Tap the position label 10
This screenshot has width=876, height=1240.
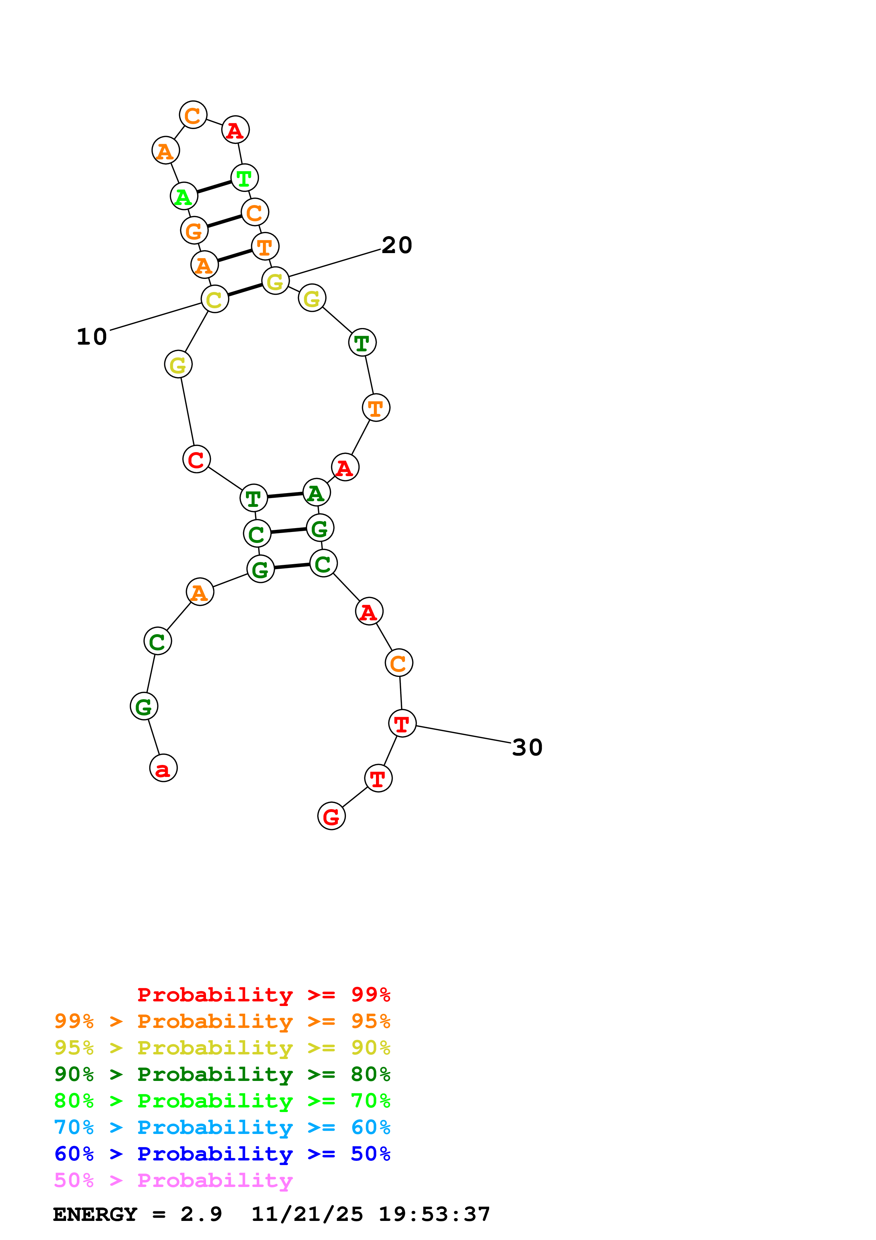(92, 337)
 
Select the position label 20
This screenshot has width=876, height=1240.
(397, 245)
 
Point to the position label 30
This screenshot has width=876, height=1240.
(527, 748)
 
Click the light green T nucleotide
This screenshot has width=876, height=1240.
(245, 178)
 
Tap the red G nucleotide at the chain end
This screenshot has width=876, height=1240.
(331, 816)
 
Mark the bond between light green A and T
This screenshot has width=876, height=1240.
(214, 187)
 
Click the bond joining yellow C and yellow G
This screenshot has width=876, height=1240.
(245, 290)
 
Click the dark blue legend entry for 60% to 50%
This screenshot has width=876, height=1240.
(222, 1154)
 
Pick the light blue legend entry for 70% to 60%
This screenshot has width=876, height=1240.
(222, 1127)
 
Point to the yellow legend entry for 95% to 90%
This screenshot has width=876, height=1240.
(222, 1048)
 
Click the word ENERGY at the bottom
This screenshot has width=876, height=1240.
(95, 1215)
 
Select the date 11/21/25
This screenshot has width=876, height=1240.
(307, 1215)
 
